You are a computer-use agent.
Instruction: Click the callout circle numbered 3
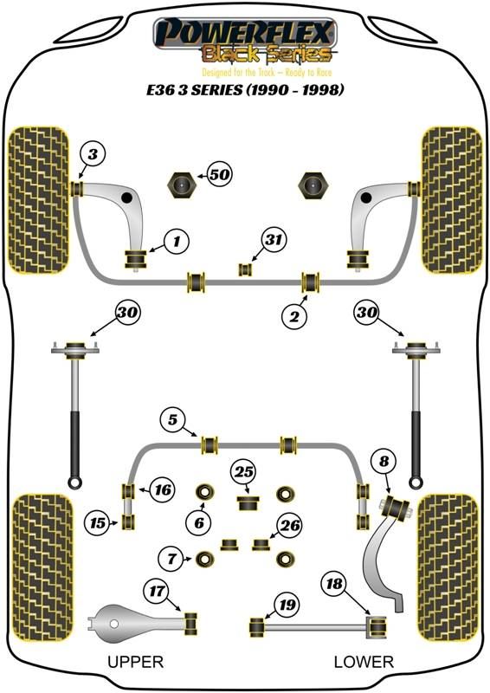[x=93, y=154]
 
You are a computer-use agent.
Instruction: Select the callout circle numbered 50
[x=220, y=175]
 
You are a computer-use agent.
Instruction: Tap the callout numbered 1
[x=177, y=242]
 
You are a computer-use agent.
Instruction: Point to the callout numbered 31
[x=274, y=240]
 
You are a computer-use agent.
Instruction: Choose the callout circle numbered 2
[x=294, y=316]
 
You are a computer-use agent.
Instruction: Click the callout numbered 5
[x=173, y=419]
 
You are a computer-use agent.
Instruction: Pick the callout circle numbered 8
[x=384, y=461]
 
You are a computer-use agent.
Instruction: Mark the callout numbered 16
[x=163, y=489]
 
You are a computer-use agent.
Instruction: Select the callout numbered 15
[x=98, y=523]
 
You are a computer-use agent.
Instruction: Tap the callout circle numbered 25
[x=244, y=472]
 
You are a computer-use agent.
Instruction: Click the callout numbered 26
[x=290, y=526]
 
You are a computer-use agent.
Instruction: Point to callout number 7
[x=172, y=559]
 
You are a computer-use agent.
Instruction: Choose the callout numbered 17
[x=157, y=591]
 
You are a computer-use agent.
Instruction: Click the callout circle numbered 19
[x=287, y=604]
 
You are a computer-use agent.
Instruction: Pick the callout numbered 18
[x=334, y=584]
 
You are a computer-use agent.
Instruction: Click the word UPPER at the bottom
[x=136, y=662]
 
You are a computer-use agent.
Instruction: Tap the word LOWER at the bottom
[x=364, y=662]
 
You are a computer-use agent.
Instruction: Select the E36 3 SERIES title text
[x=245, y=90]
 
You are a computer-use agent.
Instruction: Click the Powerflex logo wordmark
[x=245, y=32]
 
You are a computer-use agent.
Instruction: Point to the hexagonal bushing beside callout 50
[x=182, y=185]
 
